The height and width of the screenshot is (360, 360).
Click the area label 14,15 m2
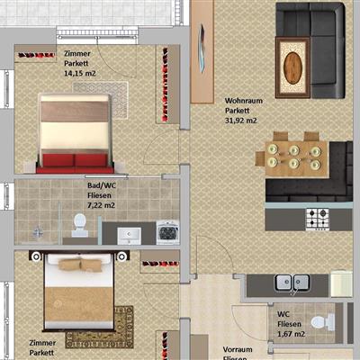click(80, 73)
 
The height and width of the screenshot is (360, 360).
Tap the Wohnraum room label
click(244, 101)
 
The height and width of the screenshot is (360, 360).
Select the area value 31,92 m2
click(241, 121)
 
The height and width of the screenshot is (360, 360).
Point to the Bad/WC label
click(102, 185)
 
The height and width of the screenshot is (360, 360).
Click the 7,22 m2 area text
click(101, 205)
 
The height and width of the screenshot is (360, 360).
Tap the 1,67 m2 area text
click(291, 334)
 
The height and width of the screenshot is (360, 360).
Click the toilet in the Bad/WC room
click(80, 225)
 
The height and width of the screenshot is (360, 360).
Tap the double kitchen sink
click(292, 283)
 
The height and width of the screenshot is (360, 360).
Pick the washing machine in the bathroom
click(167, 232)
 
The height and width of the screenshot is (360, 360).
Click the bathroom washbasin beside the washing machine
click(129, 235)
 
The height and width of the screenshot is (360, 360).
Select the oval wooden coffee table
click(292, 67)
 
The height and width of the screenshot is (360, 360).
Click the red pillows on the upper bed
click(75, 160)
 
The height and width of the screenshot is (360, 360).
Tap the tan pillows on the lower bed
click(80, 265)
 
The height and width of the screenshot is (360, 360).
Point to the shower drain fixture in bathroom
click(38, 232)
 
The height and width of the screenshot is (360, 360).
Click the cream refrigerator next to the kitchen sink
click(341, 283)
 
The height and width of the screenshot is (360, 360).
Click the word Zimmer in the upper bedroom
click(77, 54)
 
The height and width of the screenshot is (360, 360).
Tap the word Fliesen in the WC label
click(289, 324)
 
